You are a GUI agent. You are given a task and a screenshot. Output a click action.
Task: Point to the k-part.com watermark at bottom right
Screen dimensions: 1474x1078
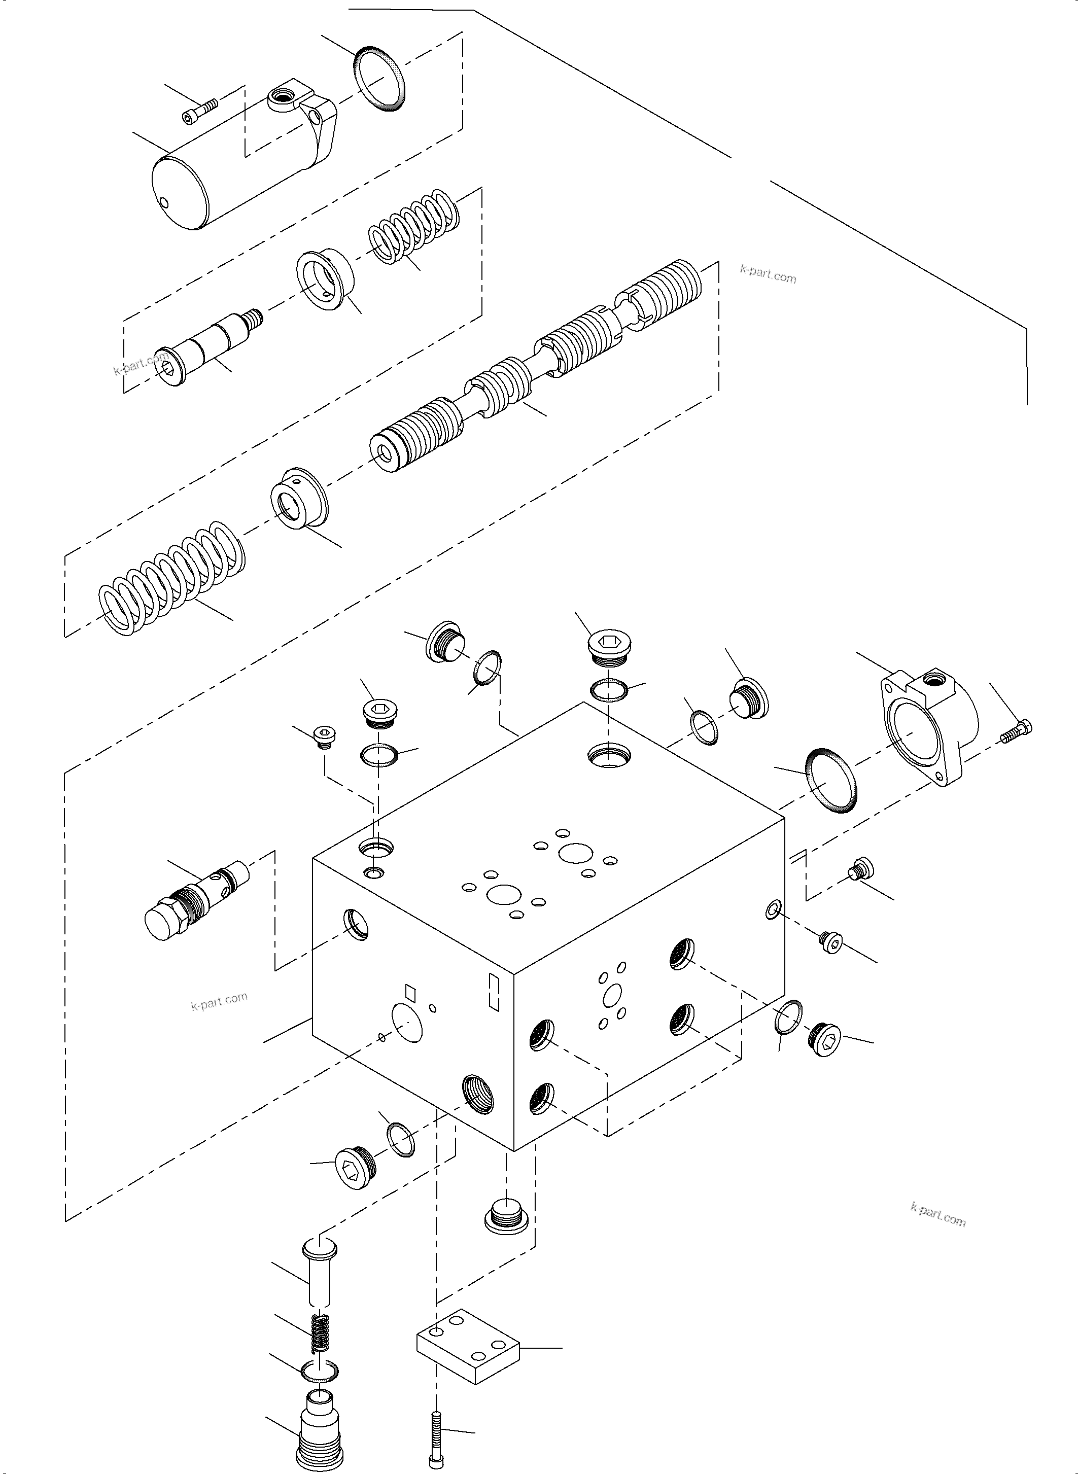coord(937,1215)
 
